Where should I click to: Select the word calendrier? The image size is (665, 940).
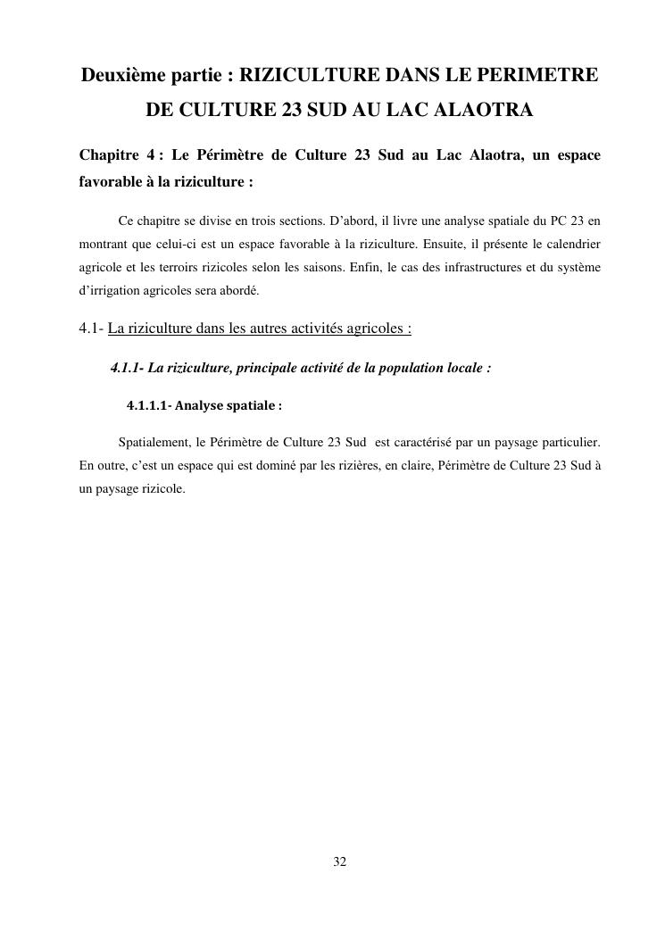click(x=571, y=244)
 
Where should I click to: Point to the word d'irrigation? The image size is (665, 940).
click(x=108, y=290)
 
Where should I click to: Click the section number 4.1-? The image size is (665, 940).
click(x=91, y=328)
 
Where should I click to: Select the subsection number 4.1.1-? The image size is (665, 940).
click(x=127, y=367)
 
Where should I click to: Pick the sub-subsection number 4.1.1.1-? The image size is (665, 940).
click(x=149, y=405)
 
